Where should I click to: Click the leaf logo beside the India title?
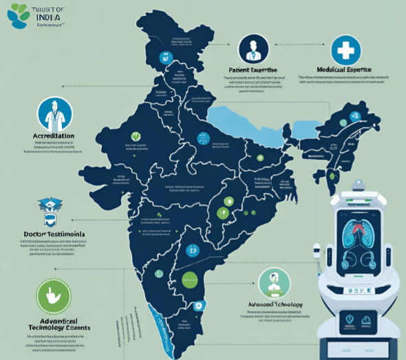tap(12, 14)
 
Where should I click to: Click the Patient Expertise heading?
tap(253, 70)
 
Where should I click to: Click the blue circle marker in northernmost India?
tap(164, 57)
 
